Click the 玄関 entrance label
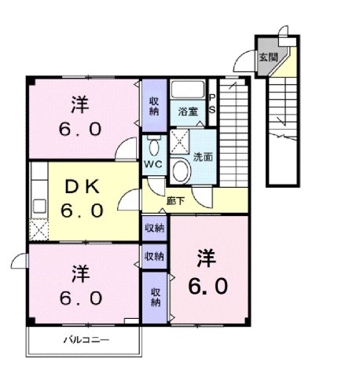click(268, 57)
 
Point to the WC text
click(152, 164)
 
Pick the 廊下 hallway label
click(175, 201)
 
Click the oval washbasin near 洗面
click(181, 170)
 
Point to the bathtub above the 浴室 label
click(187, 89)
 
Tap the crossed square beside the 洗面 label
click(180, 141)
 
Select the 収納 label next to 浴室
click(154, 105)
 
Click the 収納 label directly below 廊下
click(154, 228)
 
